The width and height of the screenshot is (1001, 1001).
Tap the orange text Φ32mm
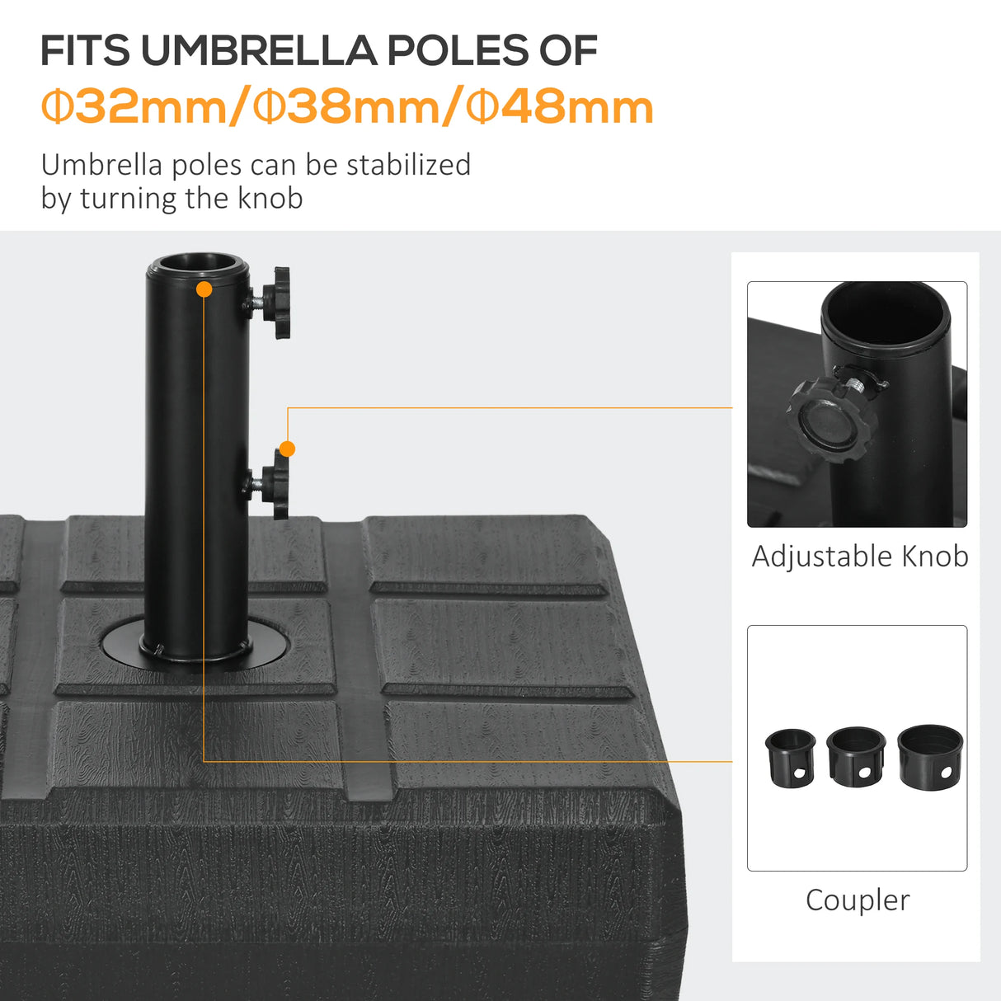coord(136,107)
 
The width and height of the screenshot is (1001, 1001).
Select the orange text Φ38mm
coord(349,107)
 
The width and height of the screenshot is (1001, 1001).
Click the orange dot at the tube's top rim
coord(204,289)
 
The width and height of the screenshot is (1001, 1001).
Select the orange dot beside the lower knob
coord(287,449)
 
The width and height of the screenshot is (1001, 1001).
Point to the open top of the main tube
coord(198,265)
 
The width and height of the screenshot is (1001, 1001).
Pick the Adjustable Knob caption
coord(859,557)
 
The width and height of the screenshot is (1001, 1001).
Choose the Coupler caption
coord(858,900)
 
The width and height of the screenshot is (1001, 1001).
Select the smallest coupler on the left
coord(790,758)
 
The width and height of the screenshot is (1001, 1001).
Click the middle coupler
coord(856,756)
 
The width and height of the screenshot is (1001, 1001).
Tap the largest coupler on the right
coord(928,754)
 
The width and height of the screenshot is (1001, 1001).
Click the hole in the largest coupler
coord(945,773)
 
